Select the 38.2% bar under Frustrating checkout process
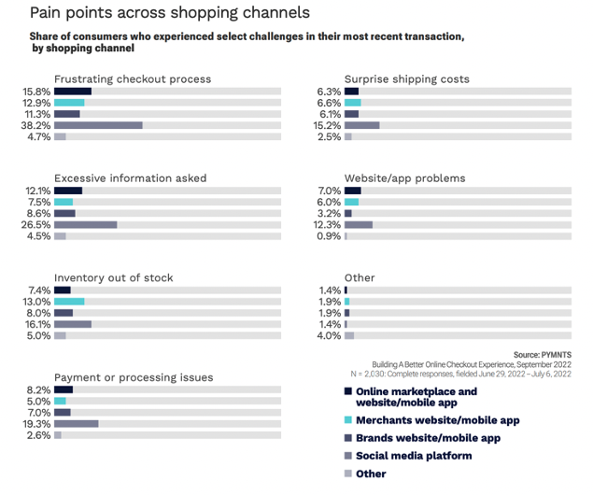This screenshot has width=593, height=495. click(98, 124)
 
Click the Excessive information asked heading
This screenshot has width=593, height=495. click(131, 177)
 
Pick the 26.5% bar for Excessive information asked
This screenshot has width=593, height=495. click(86, 224)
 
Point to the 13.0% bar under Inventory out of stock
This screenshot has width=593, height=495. click(69, 302)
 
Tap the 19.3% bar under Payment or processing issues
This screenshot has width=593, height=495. click(77, 423)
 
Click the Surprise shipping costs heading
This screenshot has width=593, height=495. click(406, 79)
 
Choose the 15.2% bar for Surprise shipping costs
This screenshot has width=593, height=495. click(362, 124)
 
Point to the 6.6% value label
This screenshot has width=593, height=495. click(330, 103)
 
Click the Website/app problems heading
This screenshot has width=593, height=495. click(404, 177)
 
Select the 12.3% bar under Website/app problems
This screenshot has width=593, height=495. click(359, 224)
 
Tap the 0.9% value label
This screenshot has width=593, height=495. click(330, 235)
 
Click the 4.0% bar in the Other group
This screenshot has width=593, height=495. click(349, 335)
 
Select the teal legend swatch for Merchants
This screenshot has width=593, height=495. click(348, 420)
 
